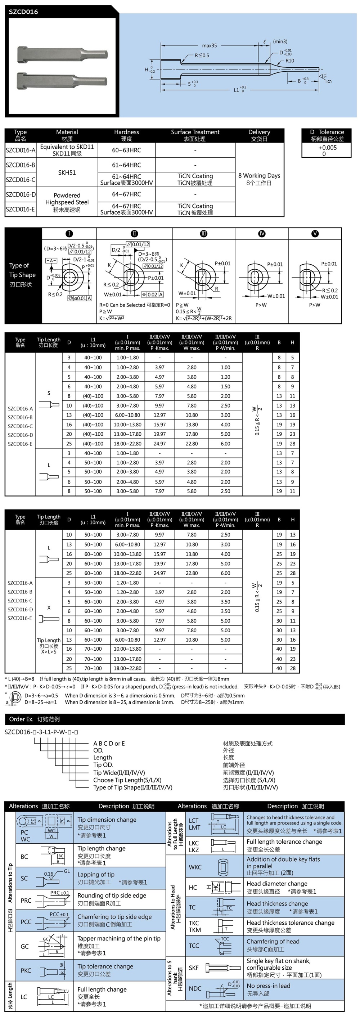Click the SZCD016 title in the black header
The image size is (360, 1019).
pyautogui.click(x=23, y=12)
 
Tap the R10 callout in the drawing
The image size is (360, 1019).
pyautogui.click(x=289, y=61)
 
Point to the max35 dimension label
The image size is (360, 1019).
pyautogui.click(x=209, y=45)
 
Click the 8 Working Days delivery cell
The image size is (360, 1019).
pyautogui.click(x=259, y=179)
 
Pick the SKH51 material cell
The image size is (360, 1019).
pyautogui.click(x=67, y=172)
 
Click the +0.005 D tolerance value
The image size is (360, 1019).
pyautogui.click(x=327, y=148)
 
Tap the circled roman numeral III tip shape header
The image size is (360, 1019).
pyautogui.click(x=203, y=234)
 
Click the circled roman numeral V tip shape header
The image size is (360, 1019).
pyautogui.click(x=315, y=234)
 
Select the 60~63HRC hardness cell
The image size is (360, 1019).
pyautogui.click(x=127, y=150)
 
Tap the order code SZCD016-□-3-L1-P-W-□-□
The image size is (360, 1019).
pyautogui.click(x=41, y=732)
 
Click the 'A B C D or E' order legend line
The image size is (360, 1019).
pyautogui.click(x=109, y=744)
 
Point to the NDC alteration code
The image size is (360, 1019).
pyautogui.click(x=195, y=988)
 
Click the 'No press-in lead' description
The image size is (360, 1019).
pyautogui.click(x=268, y=986)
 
